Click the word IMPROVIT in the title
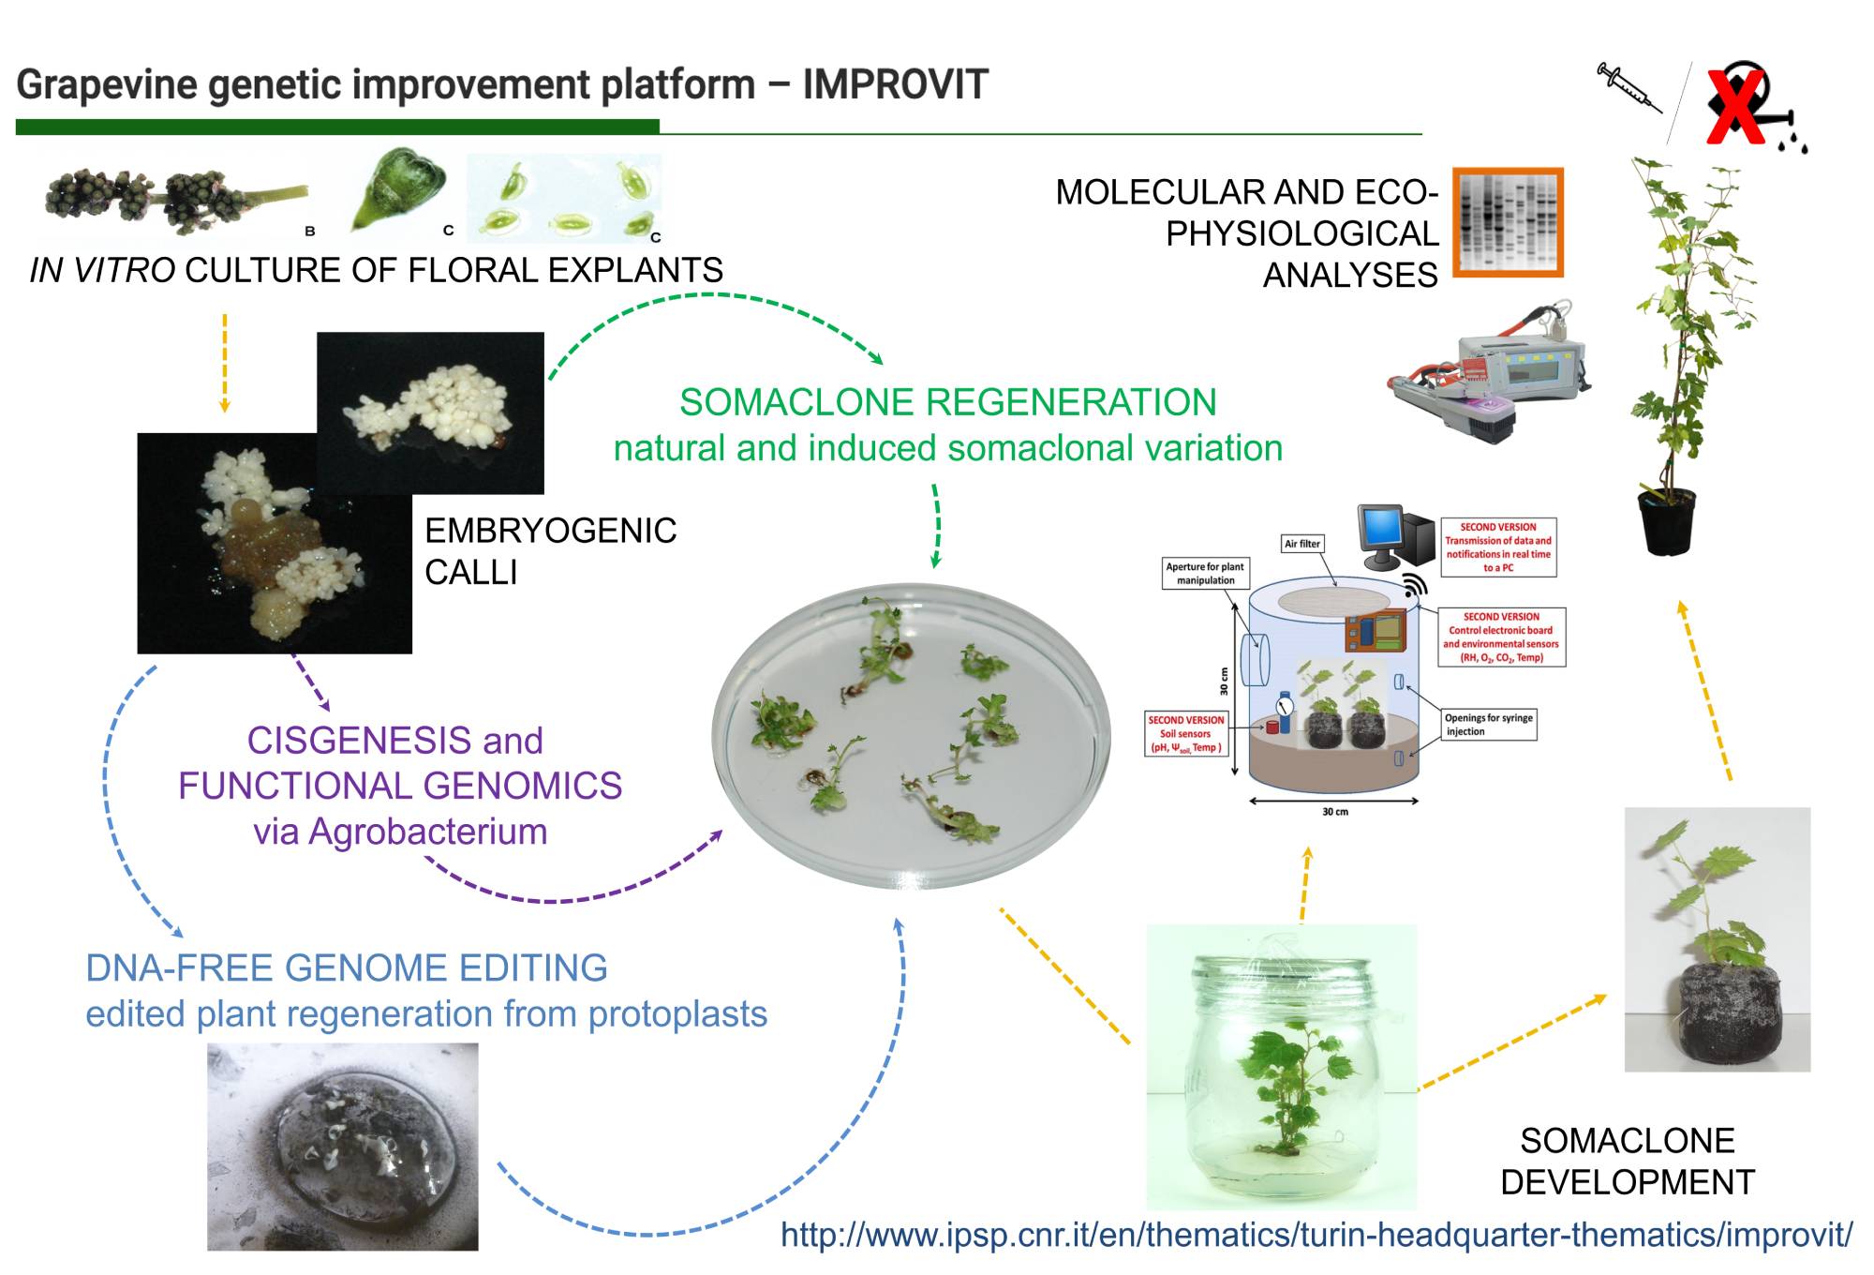895,84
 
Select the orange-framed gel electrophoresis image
1508,222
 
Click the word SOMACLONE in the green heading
797,402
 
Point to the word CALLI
470,572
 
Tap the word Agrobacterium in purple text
428,832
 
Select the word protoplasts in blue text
677,1013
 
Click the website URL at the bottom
1316,1234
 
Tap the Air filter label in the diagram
1302,544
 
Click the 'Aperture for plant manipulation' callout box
1205,573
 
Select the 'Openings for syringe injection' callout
1489,725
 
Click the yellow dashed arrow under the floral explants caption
225,363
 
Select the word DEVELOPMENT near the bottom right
1627,1182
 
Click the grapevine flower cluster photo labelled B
175,199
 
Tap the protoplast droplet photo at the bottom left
342,1147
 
